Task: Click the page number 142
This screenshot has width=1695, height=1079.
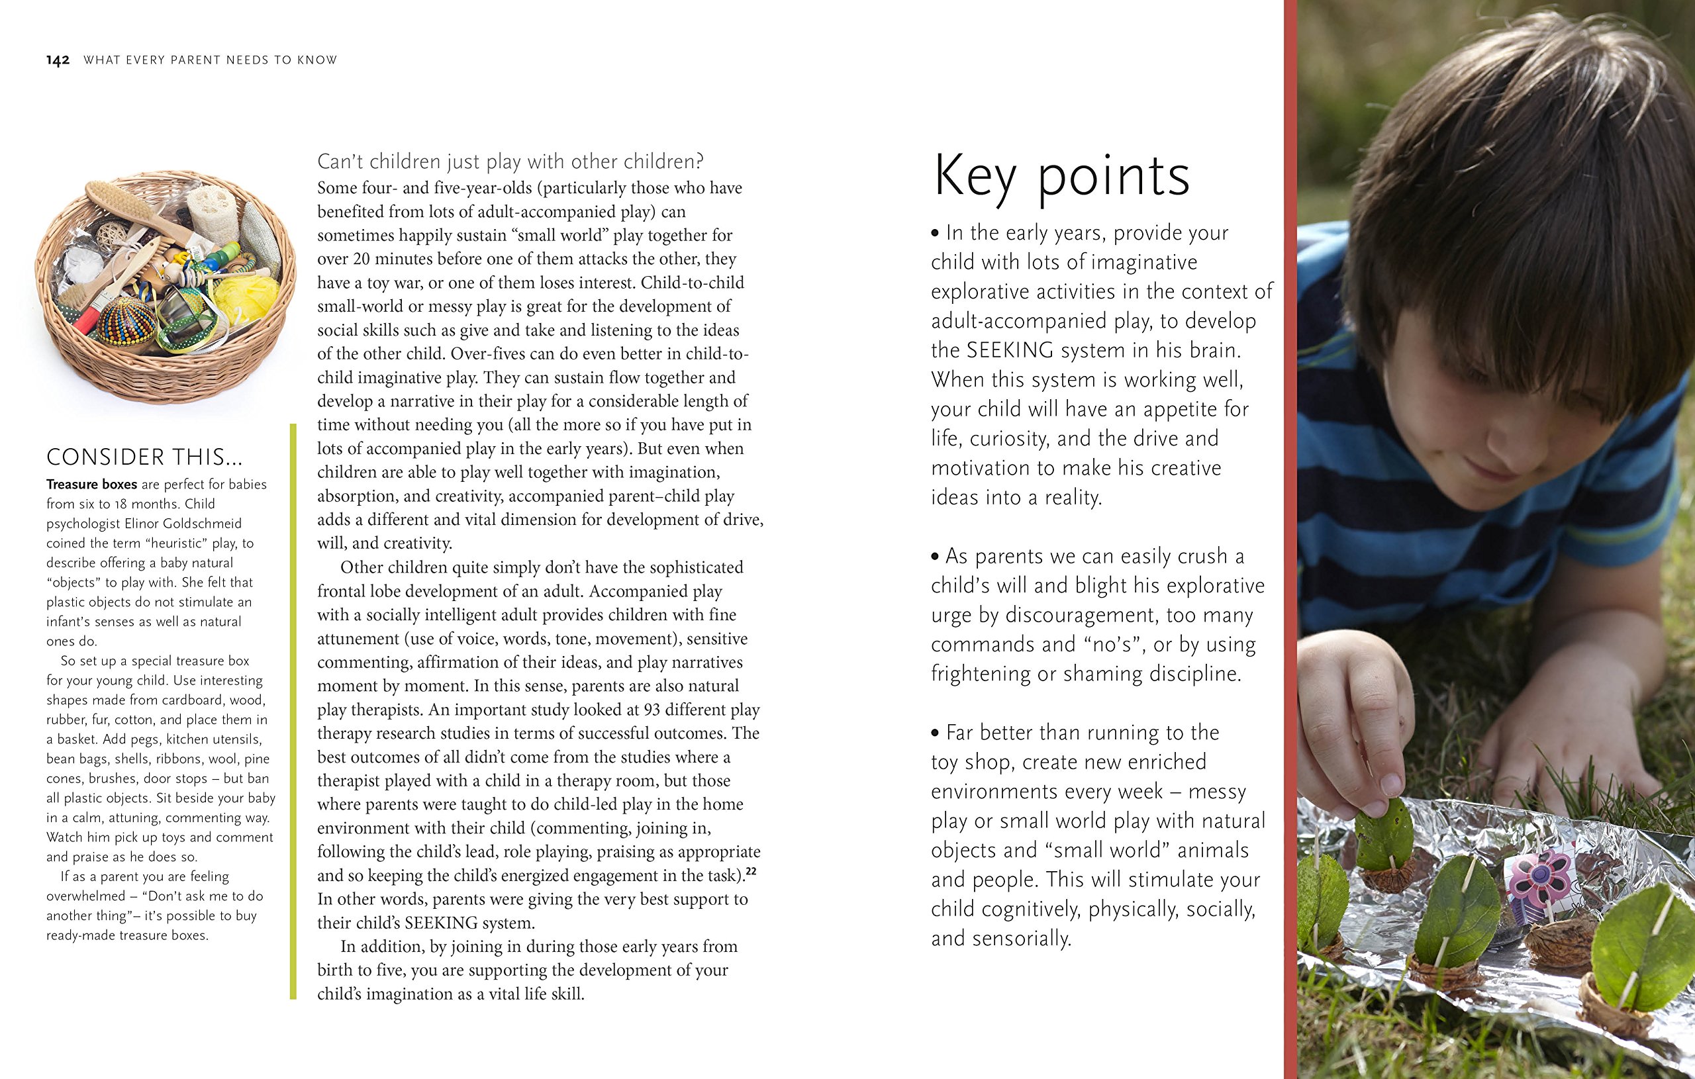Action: click(x=58, y=60)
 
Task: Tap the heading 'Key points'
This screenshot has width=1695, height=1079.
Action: click(x=1061, y=177)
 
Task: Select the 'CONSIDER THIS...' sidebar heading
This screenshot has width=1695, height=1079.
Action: click(x=144, y=457)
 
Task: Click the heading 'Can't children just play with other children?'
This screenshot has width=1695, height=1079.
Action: click(x=510, y=162)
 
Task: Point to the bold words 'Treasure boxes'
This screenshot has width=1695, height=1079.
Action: click(x=91, y=485)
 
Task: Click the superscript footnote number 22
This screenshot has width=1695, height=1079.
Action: click(x=751, y=872)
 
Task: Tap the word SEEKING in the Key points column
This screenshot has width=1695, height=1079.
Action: click(x=1010, y=351)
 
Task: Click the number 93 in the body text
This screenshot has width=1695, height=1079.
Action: click(x=653, y=710)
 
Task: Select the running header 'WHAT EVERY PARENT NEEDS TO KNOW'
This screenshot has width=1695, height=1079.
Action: click(x=211, y=60)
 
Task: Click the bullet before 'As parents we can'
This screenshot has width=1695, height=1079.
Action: click(x=936, y=557)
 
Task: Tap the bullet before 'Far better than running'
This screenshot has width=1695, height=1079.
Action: click(x=936, y=733)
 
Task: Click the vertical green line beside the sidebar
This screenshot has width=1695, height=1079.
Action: click(x=293, y=711)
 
